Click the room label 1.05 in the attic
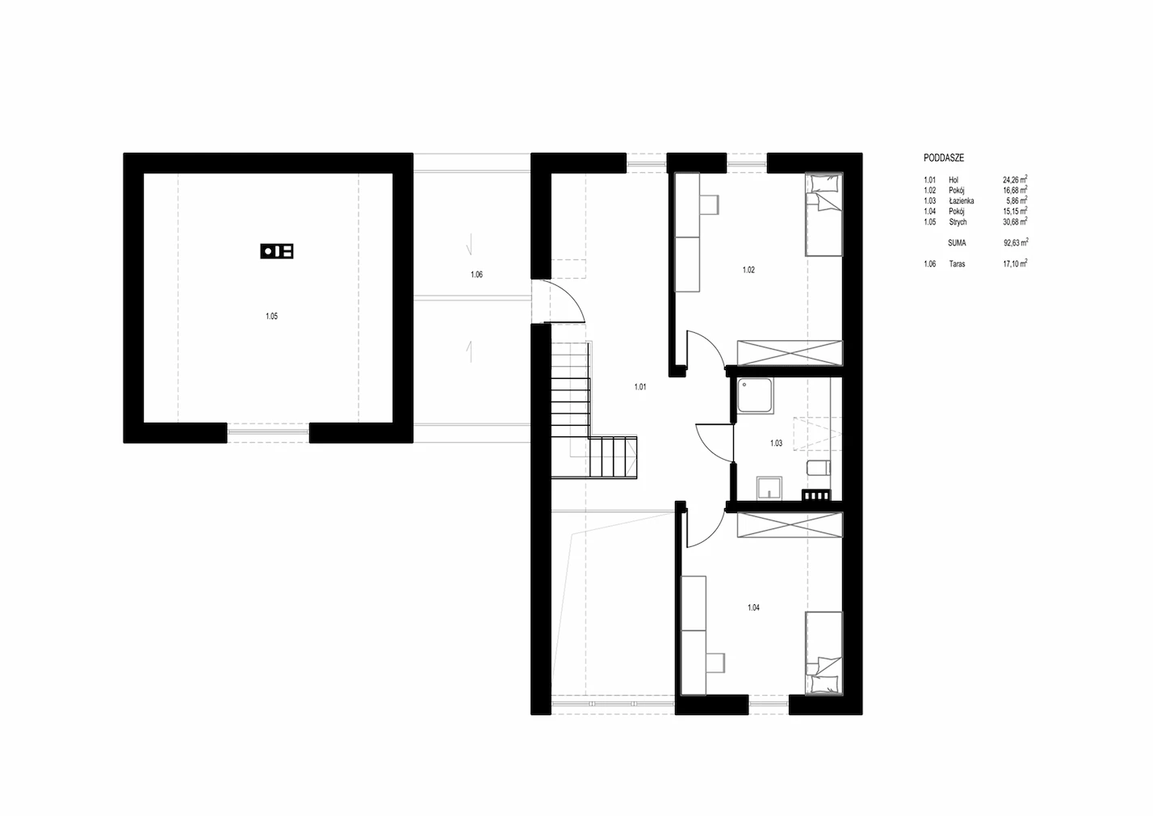pyautogui.click(x=271, y=317)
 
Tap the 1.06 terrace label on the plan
pyautogui.click(x=476, y=275)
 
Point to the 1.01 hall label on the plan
pyautogui.click(x=640, y=387)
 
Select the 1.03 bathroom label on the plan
pyautogui.click(x=776, y=443)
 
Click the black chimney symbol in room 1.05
pyautogui.click(x=277, y=251)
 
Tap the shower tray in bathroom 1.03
pyautogui.click(x=755, y=396)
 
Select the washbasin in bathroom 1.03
pyautogui.click(x=769, y=488)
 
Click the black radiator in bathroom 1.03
pyautogui.click(x=815, y=494)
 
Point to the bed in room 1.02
pyautogui.click(x=824, y=214)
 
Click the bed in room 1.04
pyautogui.click(x=824, y=653)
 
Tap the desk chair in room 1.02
pyautogui.click(x=709, y=204)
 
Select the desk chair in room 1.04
pyautogui.click(x=715, y=662)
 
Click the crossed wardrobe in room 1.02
pyautogui.click(x=790, y=353)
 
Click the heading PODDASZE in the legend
pyautogui.click(x=944, y=158)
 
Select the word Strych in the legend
pyautogui.click(x=958, y=222)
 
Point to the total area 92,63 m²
pyautogui.click(x=1016, y=242)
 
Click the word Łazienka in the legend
pyautogui.click(x=962, y=201)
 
